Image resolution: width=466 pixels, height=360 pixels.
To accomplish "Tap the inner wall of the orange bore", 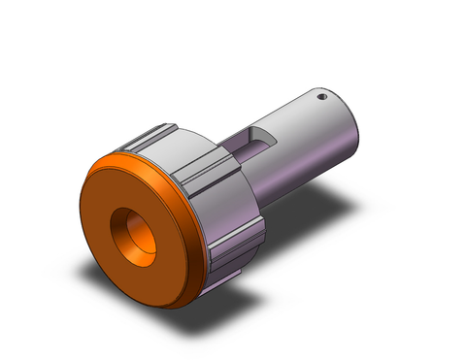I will [124, 229].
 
